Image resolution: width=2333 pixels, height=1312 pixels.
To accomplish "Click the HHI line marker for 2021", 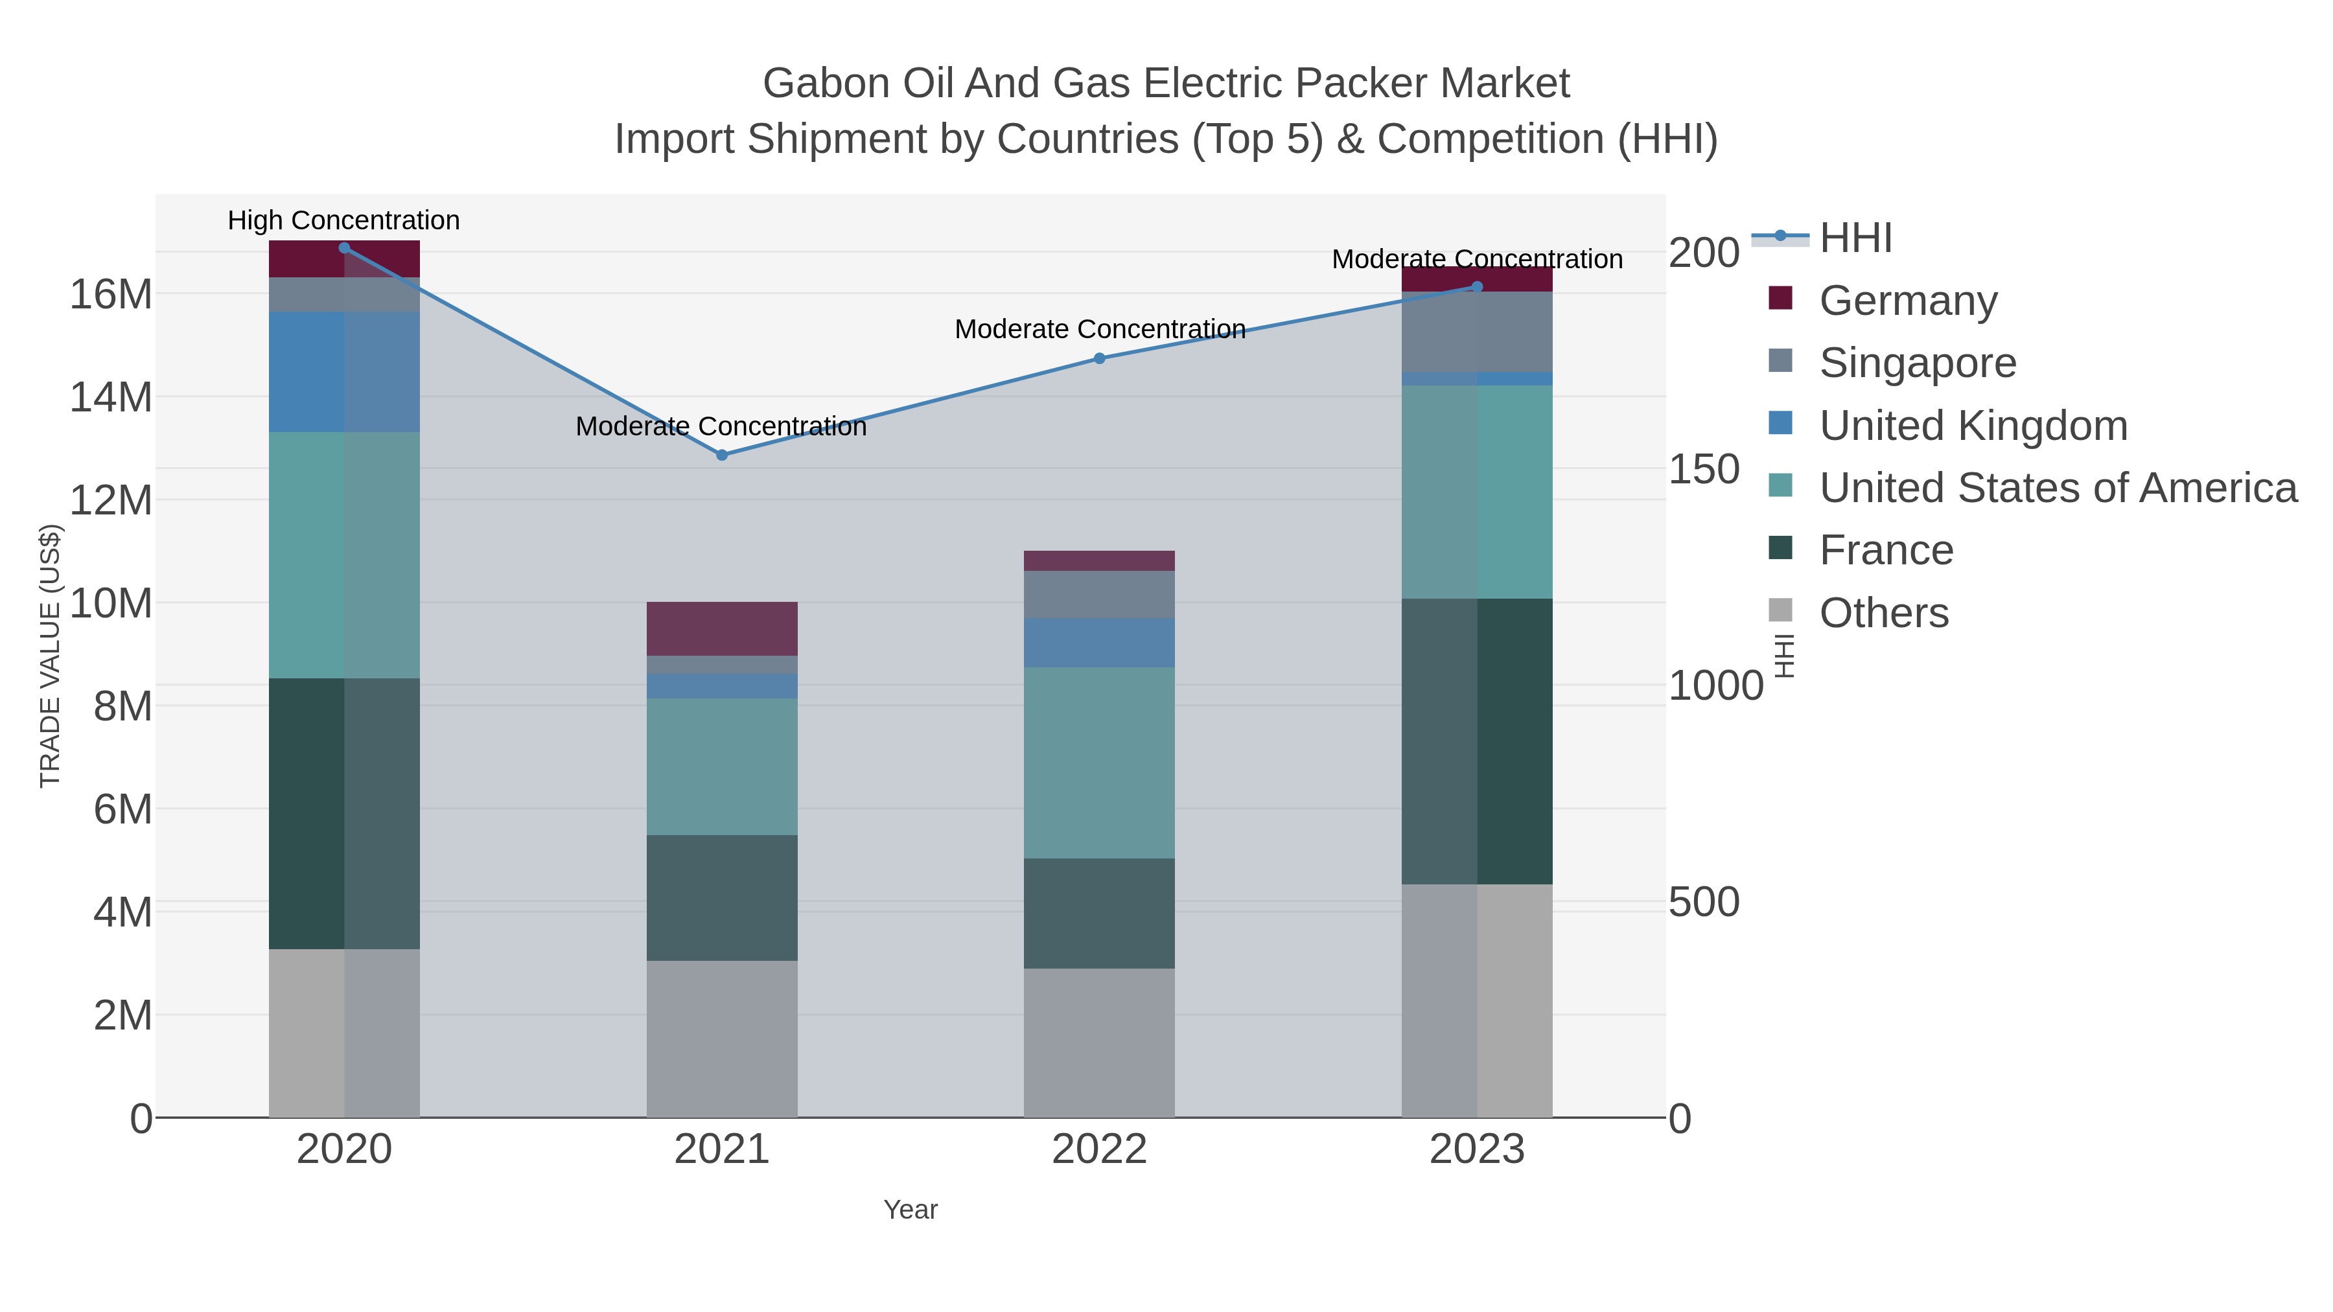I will tap(722, 455).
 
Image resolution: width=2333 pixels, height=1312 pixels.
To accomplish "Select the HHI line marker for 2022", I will tap(1100, 358).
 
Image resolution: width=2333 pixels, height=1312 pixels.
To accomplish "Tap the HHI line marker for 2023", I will tap(1477, 286).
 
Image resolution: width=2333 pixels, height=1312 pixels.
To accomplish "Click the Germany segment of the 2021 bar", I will tap(722, 628).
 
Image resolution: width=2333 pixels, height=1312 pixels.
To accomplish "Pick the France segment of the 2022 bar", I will tap(1100, 913).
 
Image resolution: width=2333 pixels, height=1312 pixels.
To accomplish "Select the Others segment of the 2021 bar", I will tap(722, 1039).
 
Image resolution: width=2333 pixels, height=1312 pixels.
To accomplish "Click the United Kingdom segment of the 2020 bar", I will tap(344, 371).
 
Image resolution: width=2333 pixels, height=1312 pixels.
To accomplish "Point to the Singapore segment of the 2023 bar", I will tap(1477, 331).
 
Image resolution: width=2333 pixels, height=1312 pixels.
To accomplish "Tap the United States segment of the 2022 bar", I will tap(1100, 763).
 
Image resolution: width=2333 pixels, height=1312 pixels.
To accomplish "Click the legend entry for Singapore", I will tap(1918, 362).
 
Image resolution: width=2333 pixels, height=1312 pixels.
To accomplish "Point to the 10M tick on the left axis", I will tap(110, 603).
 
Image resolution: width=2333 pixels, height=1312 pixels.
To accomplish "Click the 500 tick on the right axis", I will tap(1704, 902).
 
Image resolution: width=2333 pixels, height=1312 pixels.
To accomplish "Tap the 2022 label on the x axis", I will tap(1100, 1149).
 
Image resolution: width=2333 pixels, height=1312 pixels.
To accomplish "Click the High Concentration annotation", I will tap(343, 220).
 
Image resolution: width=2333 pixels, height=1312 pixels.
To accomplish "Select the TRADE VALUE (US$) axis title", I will tap(50, 656).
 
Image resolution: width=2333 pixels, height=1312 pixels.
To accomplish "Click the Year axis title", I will tap(911, 1209).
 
